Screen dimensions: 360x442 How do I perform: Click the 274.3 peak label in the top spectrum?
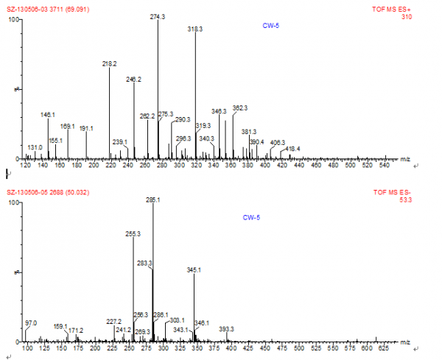pos(158,15)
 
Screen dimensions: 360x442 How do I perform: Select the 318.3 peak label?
pos(195,29)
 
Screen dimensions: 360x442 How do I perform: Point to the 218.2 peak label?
pos(109,64)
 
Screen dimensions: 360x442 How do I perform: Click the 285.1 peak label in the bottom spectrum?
pos(153,200)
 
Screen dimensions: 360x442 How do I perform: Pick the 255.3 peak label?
pos(133,233)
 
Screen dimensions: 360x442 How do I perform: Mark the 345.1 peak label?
pos(194,270)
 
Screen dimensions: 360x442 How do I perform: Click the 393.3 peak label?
pos(227,329)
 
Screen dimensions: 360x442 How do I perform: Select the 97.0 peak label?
pos(31,323)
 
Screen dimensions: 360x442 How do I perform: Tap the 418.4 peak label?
pos(293,149)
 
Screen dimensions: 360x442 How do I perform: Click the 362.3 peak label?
pos(240,108)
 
